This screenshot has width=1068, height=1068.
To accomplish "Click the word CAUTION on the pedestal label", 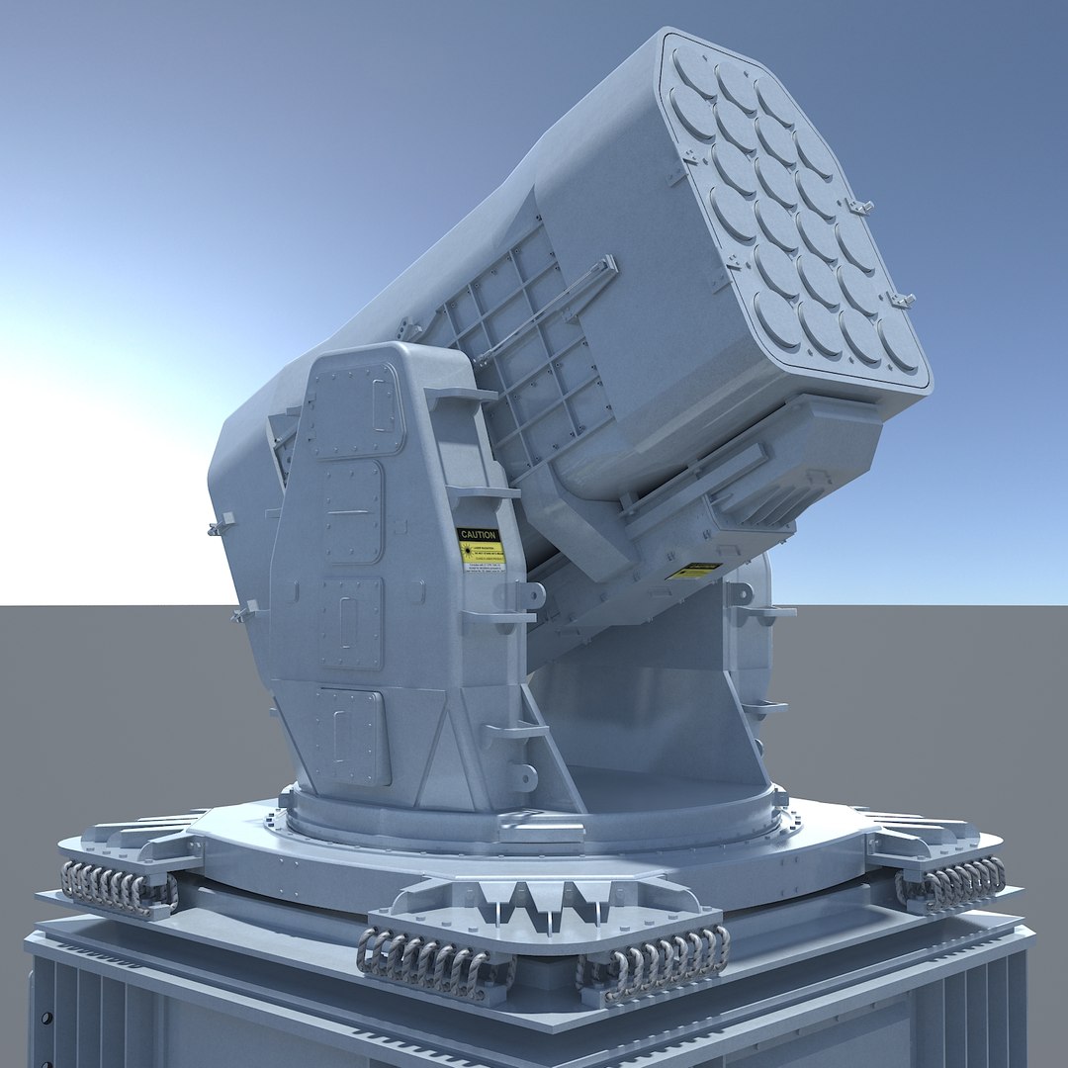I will [x=478, y=535].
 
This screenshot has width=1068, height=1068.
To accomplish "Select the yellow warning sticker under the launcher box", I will [x=694, y=572].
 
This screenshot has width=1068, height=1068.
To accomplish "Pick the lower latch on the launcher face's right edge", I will [x=901, y=299].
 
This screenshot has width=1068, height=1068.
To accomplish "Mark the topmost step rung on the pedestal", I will [x=461, y=395].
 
